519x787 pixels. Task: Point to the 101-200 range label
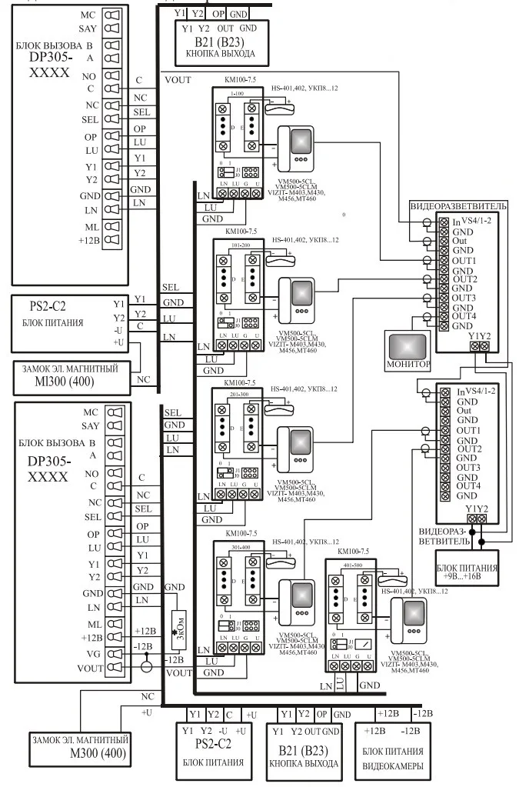coord(239,244)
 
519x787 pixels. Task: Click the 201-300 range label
coord(239,393)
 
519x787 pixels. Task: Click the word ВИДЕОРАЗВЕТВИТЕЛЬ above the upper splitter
coord(458,207)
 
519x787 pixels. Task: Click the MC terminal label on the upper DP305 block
coord(90,15)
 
